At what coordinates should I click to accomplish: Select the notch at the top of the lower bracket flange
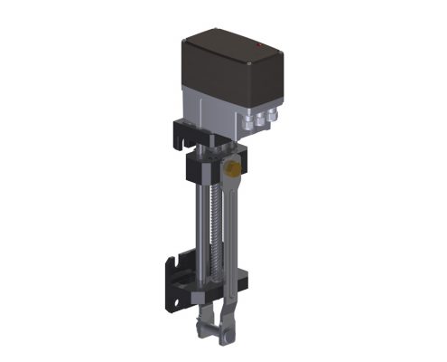coord(172,258)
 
